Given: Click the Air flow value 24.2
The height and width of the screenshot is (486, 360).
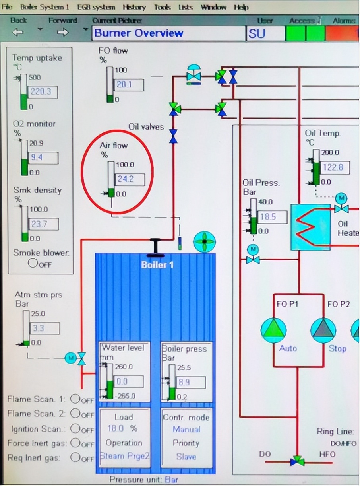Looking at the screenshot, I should [x=129, y=179].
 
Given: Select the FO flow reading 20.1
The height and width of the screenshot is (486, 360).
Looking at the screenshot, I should [x=128, y=85].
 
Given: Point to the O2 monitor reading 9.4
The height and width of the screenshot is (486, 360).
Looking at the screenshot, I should [x=43, y=157].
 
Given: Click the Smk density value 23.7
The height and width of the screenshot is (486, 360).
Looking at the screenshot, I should [x=43, y=224].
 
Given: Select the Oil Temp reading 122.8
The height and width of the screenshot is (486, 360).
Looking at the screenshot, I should [x=335, y=167].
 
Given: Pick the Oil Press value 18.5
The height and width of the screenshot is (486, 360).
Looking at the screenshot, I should [x=272, y=217].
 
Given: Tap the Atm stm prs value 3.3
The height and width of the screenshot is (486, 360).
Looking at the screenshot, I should [x=44, y=329].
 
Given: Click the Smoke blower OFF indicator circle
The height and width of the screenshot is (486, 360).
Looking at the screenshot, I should [x=33, y=263].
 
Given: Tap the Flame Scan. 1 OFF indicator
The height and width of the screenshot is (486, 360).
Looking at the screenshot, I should [x=75, y=399].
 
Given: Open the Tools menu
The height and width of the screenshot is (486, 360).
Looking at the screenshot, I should [x=162, y=7].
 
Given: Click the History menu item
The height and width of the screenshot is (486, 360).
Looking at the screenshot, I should [x=134, y=7].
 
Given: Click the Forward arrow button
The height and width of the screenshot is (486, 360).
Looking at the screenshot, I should [x=63, y=32].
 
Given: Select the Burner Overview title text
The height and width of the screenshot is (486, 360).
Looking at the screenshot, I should [x=139, y=33].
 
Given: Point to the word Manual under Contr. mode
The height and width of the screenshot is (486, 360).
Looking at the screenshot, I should [x=186, y=429].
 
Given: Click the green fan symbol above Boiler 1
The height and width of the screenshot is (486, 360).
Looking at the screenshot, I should [x=204, y=241].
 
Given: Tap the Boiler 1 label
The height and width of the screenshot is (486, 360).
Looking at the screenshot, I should [x=157, y=265].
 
